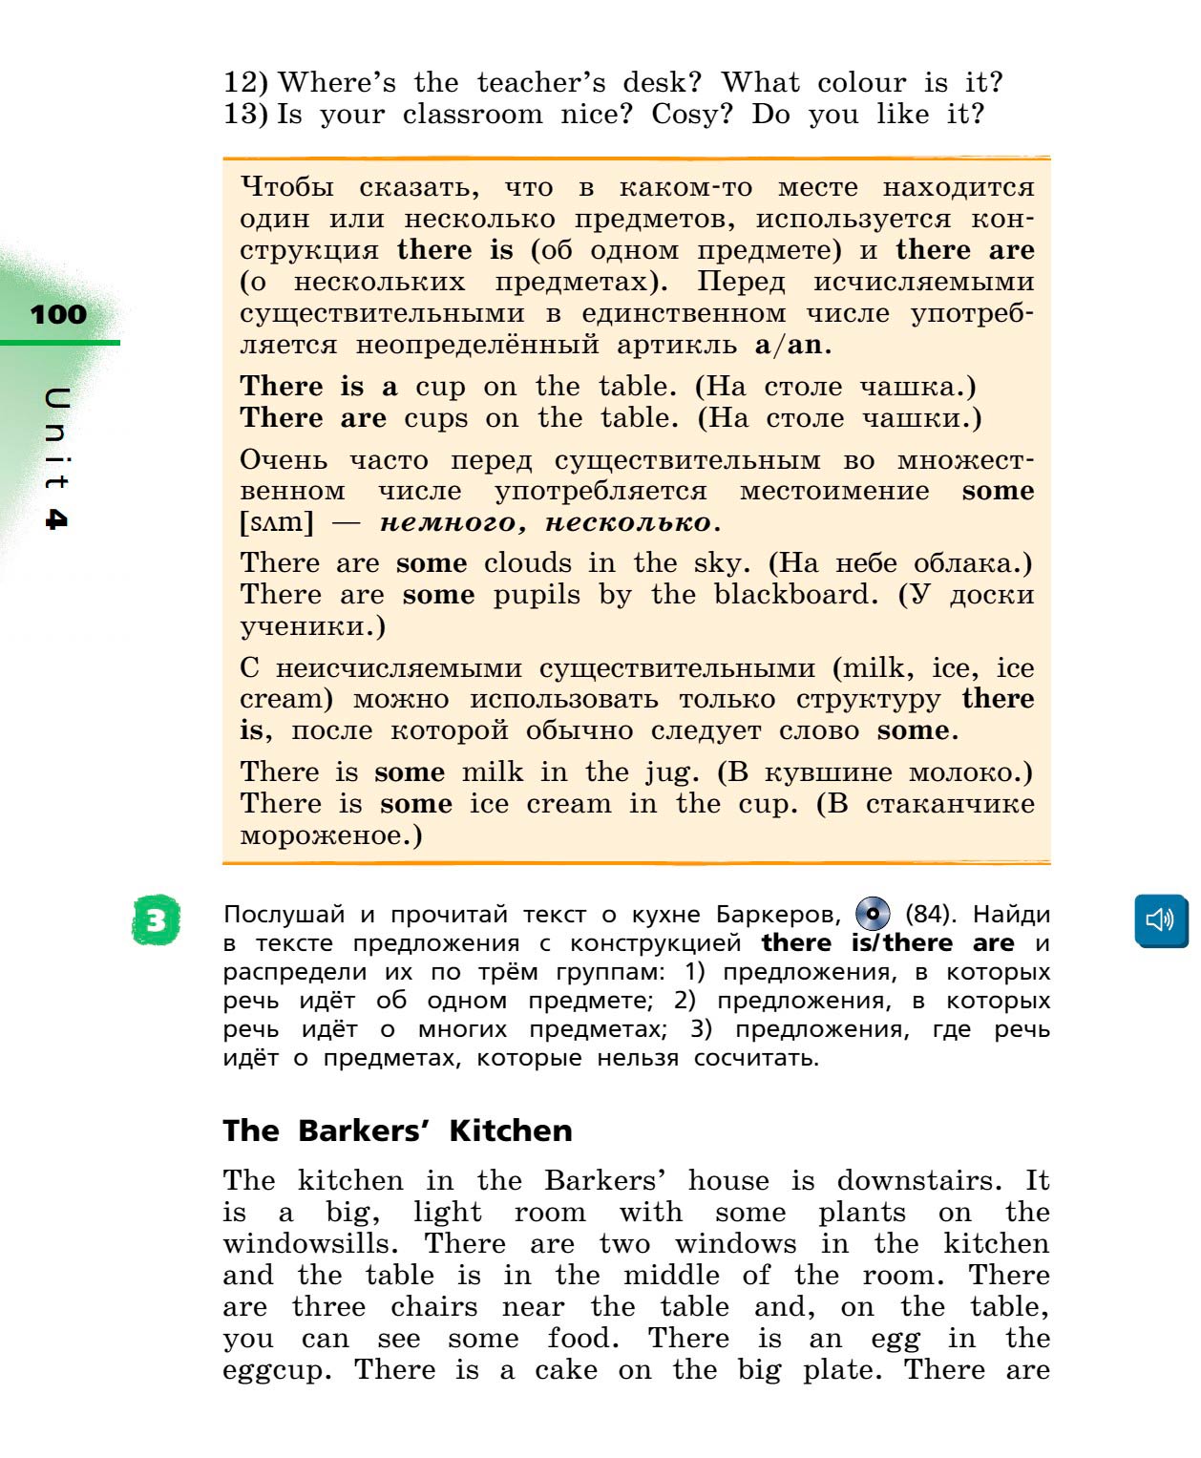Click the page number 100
click(x=58, y=314)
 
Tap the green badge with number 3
click(x=157, y=920)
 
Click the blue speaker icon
click(x=1160, y=920)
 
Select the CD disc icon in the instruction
click(x=873, y=914)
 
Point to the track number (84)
click(x=929, y=915)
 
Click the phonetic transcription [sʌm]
click(x=277, y=522)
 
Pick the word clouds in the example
click(x=528, y=563)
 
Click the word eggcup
click(x=277, y=1371)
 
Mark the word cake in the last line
click(x=565, y=1370)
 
